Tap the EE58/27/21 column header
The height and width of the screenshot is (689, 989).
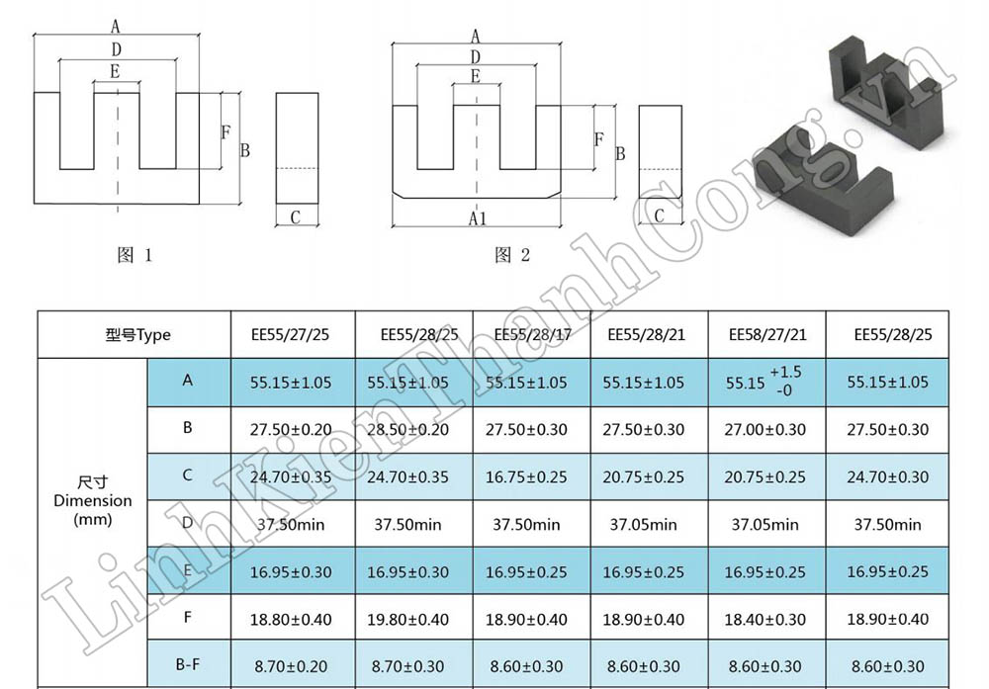point(767,334)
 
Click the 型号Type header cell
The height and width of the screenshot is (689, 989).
point(137,334)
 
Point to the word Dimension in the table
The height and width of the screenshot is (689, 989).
point(92,500)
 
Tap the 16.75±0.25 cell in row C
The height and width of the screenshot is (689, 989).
point(526,476)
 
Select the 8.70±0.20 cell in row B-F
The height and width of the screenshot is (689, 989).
point(291,667)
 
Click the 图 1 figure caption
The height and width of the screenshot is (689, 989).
point(135,255)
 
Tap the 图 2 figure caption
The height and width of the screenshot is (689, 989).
point(512,255)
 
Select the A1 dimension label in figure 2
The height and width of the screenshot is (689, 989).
point(478,217)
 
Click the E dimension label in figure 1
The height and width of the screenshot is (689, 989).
point(116,71)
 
